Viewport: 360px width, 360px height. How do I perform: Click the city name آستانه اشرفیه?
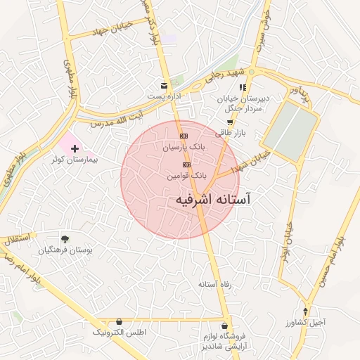pyautogui.click(x=212, y=200)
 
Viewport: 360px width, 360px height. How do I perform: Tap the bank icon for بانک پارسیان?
pyautogui.click(x=184, y=136)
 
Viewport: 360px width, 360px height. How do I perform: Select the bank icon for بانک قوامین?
pyautogui.click(x=186, y=165)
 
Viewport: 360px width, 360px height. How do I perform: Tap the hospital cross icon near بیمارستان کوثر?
pyautogui.click(x=75, y=148)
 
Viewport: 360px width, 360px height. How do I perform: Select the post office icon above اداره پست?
pyautogui.click(x=164, y=84)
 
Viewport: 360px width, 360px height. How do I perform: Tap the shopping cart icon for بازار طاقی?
pyautogui.click(x=229, y=122)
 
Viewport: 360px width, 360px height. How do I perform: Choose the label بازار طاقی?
pyautogui.click(x=229, y=133)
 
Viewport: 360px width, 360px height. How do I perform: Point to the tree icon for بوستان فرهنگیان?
pyautogui.click(x=65, y=239)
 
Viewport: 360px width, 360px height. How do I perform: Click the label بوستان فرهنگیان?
pyautogui.click(x=65, y=250)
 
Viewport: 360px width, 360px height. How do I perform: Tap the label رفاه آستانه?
pyautogui.click(x=235, y=285)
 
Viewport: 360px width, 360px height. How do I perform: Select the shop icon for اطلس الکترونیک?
pyautogui.click(x=119, y=321)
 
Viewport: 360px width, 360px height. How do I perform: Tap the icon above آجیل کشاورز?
pyautogui.click(x=305, y=311)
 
